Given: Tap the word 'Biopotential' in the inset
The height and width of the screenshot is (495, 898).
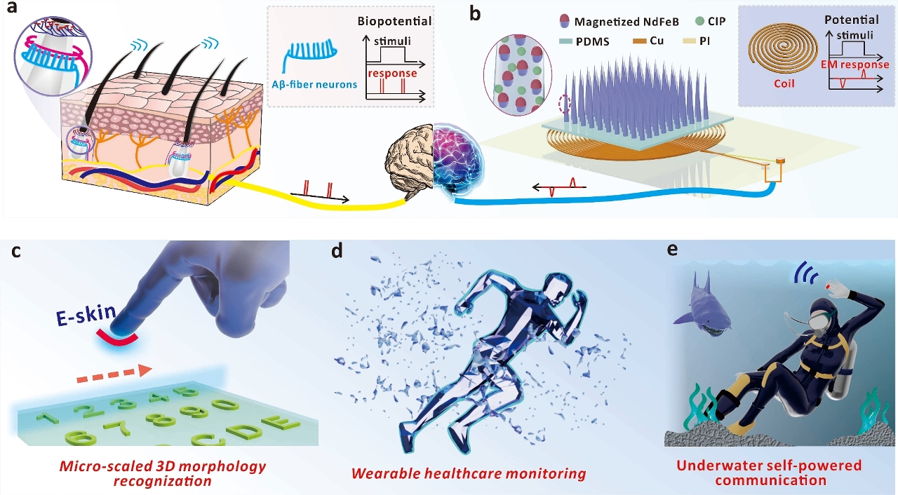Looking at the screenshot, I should [x=394, y=21].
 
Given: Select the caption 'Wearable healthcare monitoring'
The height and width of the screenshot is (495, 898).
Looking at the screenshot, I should [x=469, y=473].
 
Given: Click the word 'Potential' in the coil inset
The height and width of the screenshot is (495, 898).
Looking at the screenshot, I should [x=850, y=20].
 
